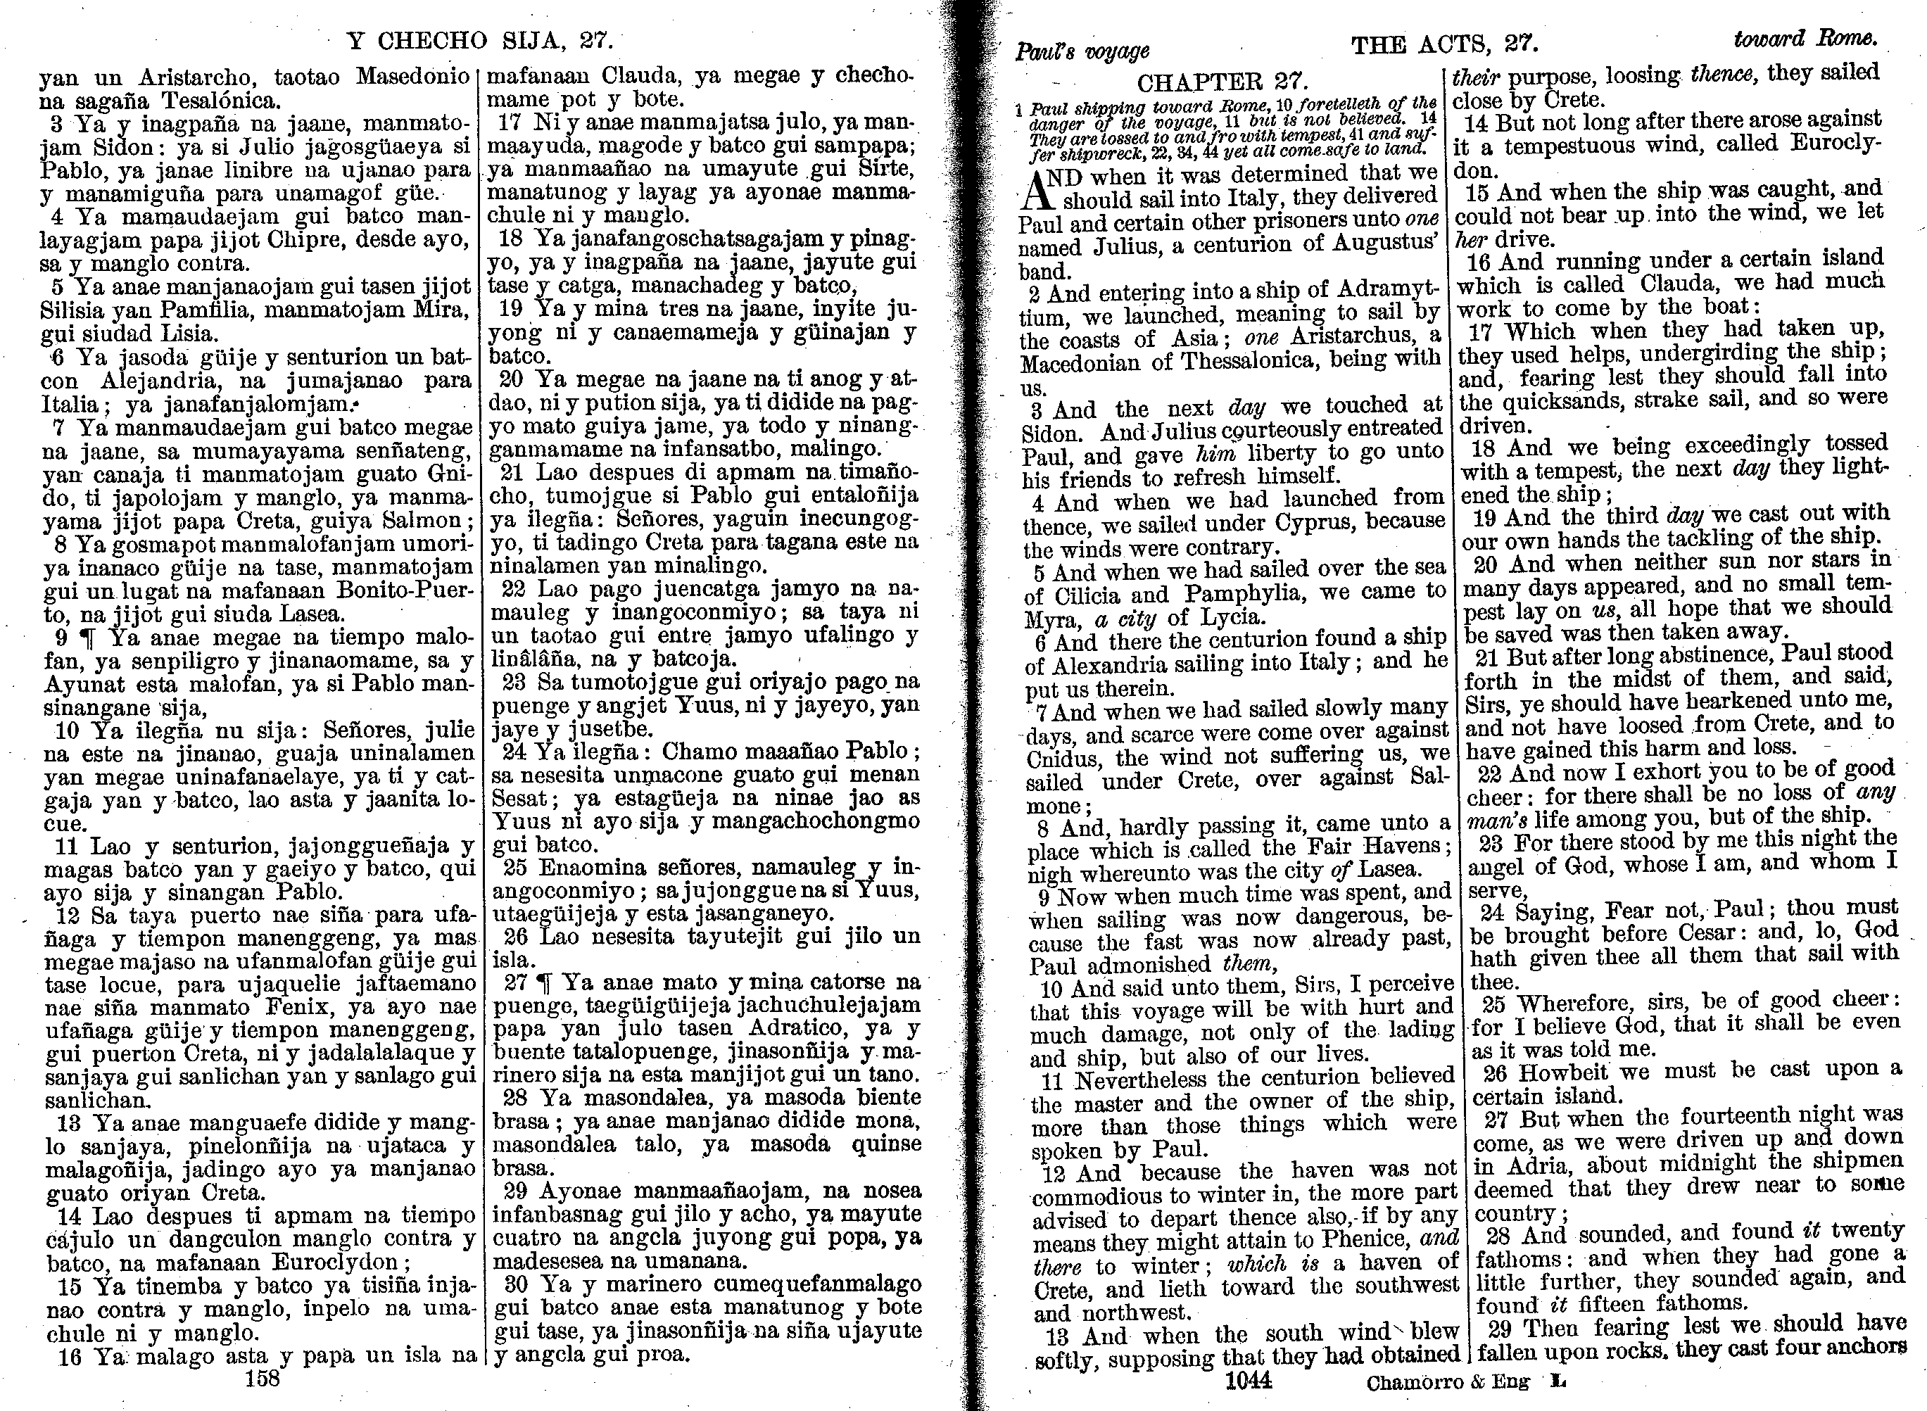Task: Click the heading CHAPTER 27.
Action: click(x=1222, y=82)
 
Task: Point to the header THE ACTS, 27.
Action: click(x=1444, y=44)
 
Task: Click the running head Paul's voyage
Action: click(x=1082, y=51)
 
